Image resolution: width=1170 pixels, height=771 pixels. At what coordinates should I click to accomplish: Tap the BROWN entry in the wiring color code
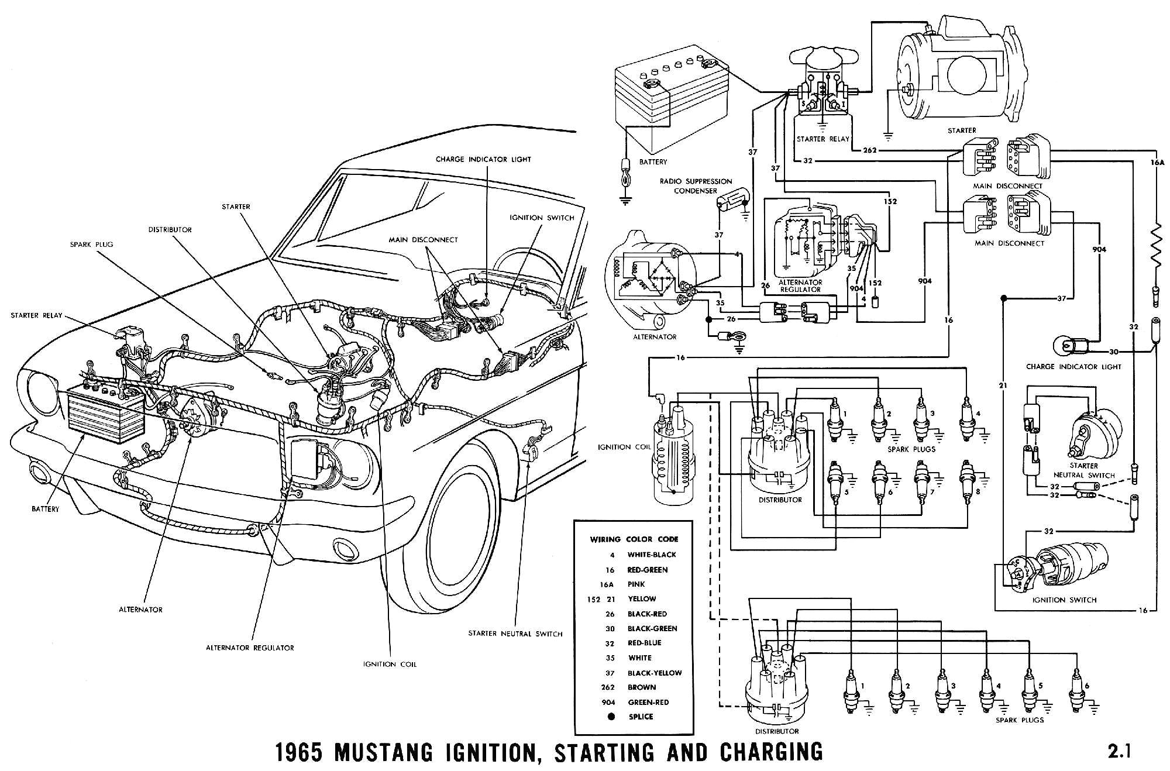[x=641, y=687]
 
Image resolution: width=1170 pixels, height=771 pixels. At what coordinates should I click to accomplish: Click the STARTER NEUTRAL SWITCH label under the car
[x=515, y=634]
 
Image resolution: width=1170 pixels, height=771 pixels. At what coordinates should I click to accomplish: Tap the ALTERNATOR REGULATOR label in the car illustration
[x=250, y=648]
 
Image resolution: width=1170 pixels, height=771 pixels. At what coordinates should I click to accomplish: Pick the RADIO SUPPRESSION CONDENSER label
[x=696, y=186]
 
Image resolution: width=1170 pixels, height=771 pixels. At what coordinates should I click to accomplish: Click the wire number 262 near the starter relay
[x=870, y=150]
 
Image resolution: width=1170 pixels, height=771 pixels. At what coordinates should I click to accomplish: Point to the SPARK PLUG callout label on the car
[x=91, y=245]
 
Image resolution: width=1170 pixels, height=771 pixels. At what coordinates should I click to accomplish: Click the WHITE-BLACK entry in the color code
[x=651, y=555]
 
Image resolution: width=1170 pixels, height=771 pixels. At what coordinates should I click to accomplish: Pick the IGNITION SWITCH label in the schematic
[x=1065, y=600]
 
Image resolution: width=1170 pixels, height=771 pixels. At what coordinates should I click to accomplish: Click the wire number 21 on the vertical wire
[x=1003, y=385]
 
